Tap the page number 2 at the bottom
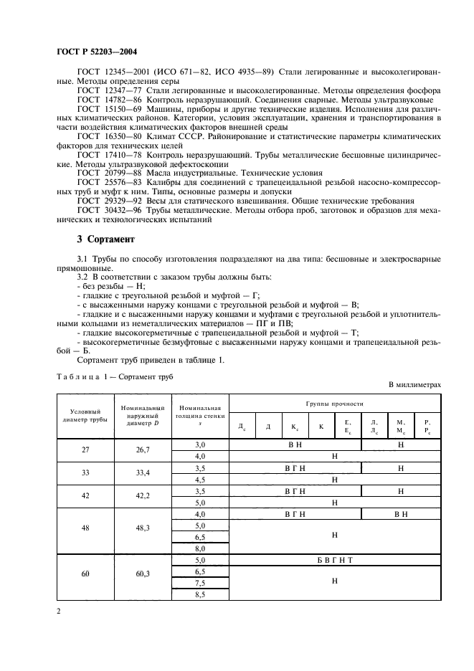click(x=58, y=611)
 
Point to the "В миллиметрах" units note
click(x=414, y=385)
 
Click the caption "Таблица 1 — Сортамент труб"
click(x=115, y=376)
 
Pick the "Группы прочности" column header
click(x=333, y=404)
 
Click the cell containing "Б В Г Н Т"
click(x=333, y=559)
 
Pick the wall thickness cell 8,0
click(x=200, y=548)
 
